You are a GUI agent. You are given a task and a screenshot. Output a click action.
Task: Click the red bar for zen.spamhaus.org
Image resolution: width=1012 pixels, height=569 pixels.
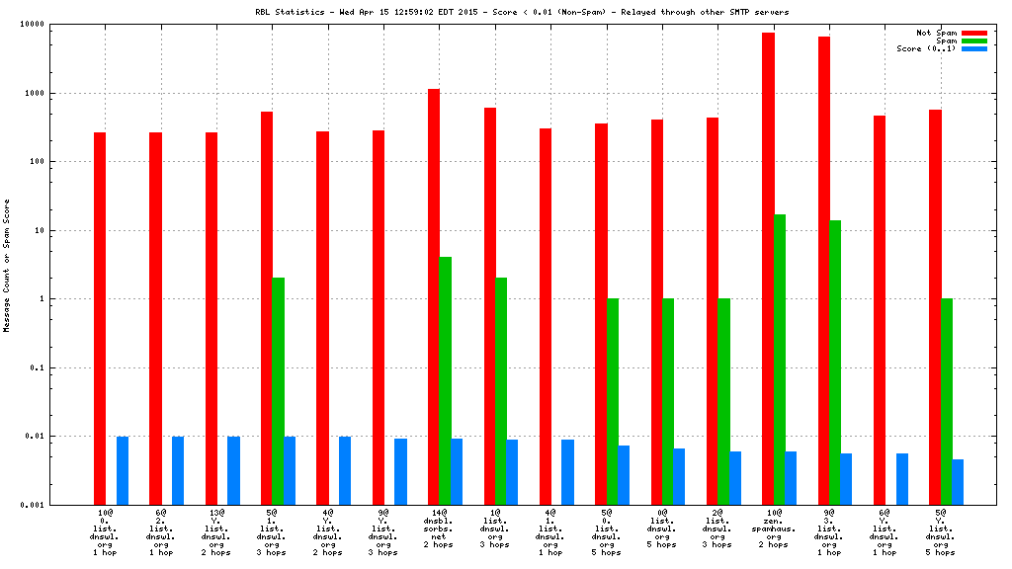[x=768, y=267]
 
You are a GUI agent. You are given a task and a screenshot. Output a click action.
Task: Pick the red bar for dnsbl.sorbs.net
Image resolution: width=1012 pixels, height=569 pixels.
[x=434, y=296]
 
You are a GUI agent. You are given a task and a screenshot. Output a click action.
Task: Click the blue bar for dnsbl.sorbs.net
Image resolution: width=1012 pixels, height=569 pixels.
[x=457, y=471]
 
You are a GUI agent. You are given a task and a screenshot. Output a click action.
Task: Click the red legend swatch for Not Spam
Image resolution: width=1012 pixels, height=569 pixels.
[x=973, y=33]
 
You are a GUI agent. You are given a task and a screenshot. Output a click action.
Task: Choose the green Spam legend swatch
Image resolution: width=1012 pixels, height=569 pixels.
[x=973, y=41]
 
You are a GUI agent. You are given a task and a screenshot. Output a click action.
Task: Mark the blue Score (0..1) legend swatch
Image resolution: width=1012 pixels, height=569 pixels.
[x=973, y=48]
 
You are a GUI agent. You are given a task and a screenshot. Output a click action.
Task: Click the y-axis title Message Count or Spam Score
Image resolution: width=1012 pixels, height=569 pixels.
[x=7, y=265]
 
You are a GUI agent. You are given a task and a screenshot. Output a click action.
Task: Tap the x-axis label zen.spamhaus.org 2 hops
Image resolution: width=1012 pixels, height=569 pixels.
[x=774, y=528]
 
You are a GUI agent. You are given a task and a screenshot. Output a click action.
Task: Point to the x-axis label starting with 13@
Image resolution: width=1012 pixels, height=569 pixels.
[x=216, y=528]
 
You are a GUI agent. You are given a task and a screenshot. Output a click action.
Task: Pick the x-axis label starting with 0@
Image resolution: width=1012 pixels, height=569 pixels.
[x=662, y=528]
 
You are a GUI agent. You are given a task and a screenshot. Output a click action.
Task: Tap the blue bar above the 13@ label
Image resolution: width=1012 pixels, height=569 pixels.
[x=233, y=470]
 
